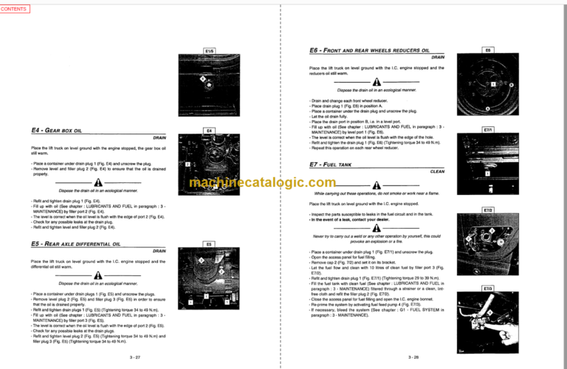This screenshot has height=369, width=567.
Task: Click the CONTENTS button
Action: point(15,8)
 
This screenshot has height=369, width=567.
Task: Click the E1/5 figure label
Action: point(209,51)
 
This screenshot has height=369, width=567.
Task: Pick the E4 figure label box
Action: point(209,131)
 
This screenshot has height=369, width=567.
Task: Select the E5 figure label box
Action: point(209,243)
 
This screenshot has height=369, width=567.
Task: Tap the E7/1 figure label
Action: point(488,130)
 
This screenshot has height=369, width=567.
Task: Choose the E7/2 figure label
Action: point(488,210)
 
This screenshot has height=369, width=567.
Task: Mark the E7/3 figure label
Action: point(488,289)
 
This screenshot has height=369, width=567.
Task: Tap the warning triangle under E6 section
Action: point(377,82)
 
